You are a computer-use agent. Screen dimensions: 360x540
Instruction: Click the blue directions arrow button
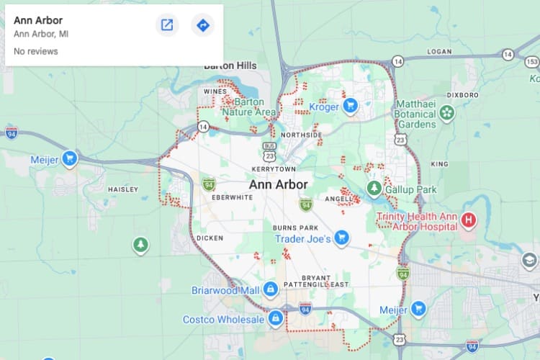point(203,25)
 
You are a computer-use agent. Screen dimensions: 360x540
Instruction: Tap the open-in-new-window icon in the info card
point(167,25)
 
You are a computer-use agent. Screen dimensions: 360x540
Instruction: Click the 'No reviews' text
point(36,51)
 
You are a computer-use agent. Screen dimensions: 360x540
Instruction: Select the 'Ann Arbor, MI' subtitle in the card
point(40,33)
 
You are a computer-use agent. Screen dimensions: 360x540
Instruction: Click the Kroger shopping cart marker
point(351,107)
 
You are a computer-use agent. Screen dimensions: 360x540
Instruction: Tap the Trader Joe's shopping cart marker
point(342,238)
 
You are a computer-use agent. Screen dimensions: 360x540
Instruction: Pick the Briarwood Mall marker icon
point(270,289)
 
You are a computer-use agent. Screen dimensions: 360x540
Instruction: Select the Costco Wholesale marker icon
point(275,318)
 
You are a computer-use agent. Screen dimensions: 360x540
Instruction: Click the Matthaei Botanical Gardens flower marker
point(447,112)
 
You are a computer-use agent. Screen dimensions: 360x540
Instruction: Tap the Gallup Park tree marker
point(374,189)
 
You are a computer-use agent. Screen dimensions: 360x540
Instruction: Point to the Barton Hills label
point(230,66)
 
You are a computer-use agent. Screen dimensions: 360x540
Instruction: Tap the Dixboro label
point(462,94)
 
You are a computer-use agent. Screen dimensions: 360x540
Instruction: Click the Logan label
point(439,52)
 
